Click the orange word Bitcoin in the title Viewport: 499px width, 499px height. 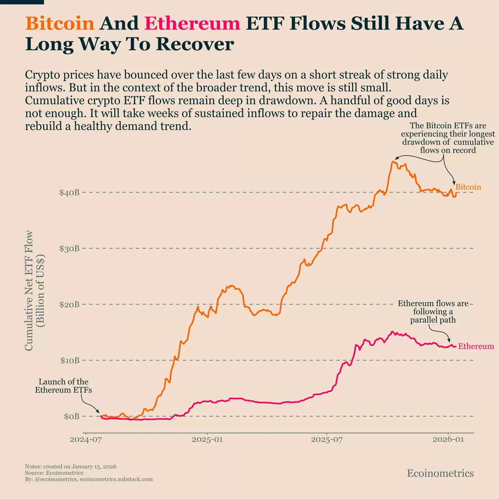(x=60, y=23)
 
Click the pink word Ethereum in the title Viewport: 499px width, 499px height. (x=192, y=23)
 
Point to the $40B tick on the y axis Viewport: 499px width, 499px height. (x=69, y=193)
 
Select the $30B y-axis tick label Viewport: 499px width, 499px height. (x=69, y=249)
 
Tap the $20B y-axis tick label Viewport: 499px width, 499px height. (x=69, y=304)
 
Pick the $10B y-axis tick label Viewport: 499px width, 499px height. (x=69, y=361)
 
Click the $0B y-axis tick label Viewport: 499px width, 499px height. (x=72, y=416)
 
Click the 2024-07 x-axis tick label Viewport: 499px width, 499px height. (x=86, y=440)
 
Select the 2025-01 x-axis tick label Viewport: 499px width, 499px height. (x=207, y=440)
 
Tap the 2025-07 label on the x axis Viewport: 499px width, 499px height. (x=327, y=440)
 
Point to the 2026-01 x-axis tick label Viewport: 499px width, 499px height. (x=448, y=440)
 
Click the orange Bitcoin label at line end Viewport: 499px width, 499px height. (x=468, y=187)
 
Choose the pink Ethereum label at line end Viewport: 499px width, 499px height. (x=476, y=346)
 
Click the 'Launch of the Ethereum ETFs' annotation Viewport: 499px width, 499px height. (x=63, y=386)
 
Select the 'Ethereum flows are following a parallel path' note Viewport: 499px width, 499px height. (x=433, y=312)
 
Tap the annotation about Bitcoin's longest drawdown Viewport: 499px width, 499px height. (x=448, y=138)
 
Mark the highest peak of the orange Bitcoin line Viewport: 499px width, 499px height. (x=393, y=161)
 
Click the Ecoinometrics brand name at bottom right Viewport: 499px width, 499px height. (x=440, y=473)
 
